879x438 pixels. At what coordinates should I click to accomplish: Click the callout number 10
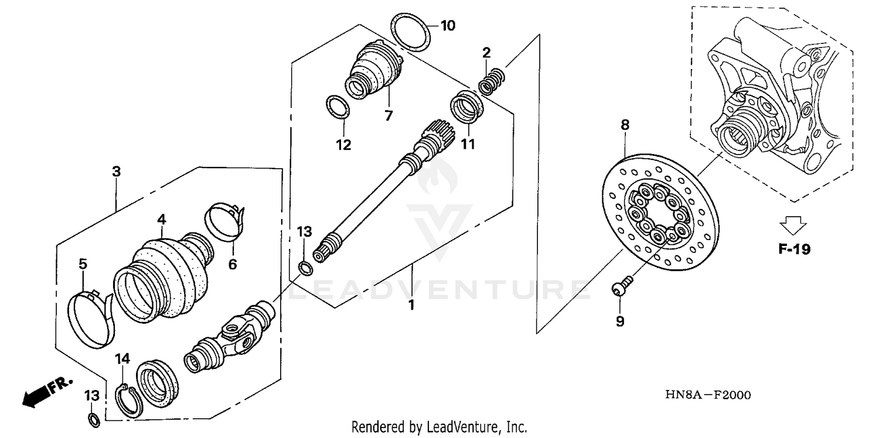[447, 26]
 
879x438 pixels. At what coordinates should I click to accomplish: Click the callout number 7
[389, 115]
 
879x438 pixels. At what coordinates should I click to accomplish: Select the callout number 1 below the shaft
[411, 304]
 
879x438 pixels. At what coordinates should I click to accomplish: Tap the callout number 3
[117, 172]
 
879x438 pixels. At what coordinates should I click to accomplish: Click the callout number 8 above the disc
[625, 124]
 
